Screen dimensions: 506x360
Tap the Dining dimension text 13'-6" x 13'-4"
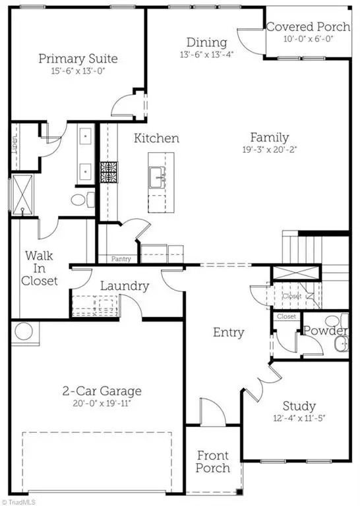(206, 55)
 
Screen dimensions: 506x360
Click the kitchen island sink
(158, 177)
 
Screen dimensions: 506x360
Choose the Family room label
(269, 138)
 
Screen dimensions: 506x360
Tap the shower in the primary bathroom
(23, 194)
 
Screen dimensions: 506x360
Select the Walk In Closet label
(41, 267)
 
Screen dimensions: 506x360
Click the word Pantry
(121, 259)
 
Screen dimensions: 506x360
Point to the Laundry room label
(125, 287)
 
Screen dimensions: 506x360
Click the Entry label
(228, 332)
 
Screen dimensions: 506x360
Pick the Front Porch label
(213, 461)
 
